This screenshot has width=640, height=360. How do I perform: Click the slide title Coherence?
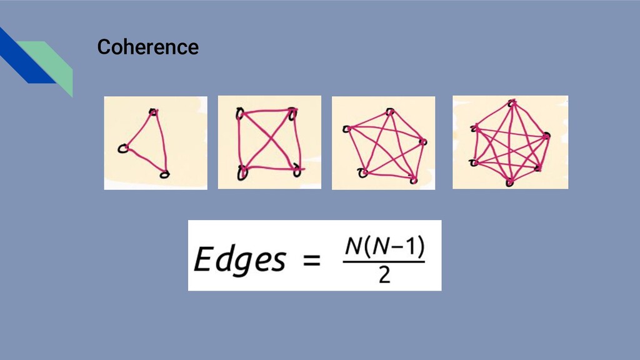[147, 47]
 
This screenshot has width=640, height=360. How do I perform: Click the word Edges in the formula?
[239, 259]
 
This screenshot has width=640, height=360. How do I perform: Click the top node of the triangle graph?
[153, 112]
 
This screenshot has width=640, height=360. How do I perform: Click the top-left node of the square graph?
[239, 113]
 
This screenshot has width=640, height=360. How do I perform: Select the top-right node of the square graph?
[292, 113]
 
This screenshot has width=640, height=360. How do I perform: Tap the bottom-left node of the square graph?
[242, 172]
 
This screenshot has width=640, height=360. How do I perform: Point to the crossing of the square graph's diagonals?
[267, 142]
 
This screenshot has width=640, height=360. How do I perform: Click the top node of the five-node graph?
[390, 112]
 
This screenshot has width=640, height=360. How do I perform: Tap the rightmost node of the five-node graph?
[424, 142]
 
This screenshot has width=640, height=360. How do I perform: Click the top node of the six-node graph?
[512, 102]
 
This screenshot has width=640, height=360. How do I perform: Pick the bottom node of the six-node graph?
[510, 182]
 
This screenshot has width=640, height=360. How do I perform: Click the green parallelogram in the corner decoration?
[53, 62]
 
